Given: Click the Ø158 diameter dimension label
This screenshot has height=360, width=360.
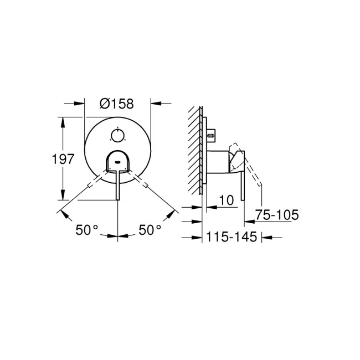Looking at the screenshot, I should pyautogui.click(x=117, y=104).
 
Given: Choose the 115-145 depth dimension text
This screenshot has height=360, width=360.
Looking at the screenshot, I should pyautogui.click(x=230, y=238).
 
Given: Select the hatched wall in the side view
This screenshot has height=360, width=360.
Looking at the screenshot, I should pyautogui.click(x=194, y=150).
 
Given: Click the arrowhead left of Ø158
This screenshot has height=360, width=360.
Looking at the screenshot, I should pyautogui.click(x=79, y=103).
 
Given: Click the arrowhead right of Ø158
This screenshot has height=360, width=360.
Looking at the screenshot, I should pyautogui.click(x=156, y=103).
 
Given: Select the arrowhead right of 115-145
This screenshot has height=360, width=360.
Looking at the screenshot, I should pyautogui.click(x=265, y=238).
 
